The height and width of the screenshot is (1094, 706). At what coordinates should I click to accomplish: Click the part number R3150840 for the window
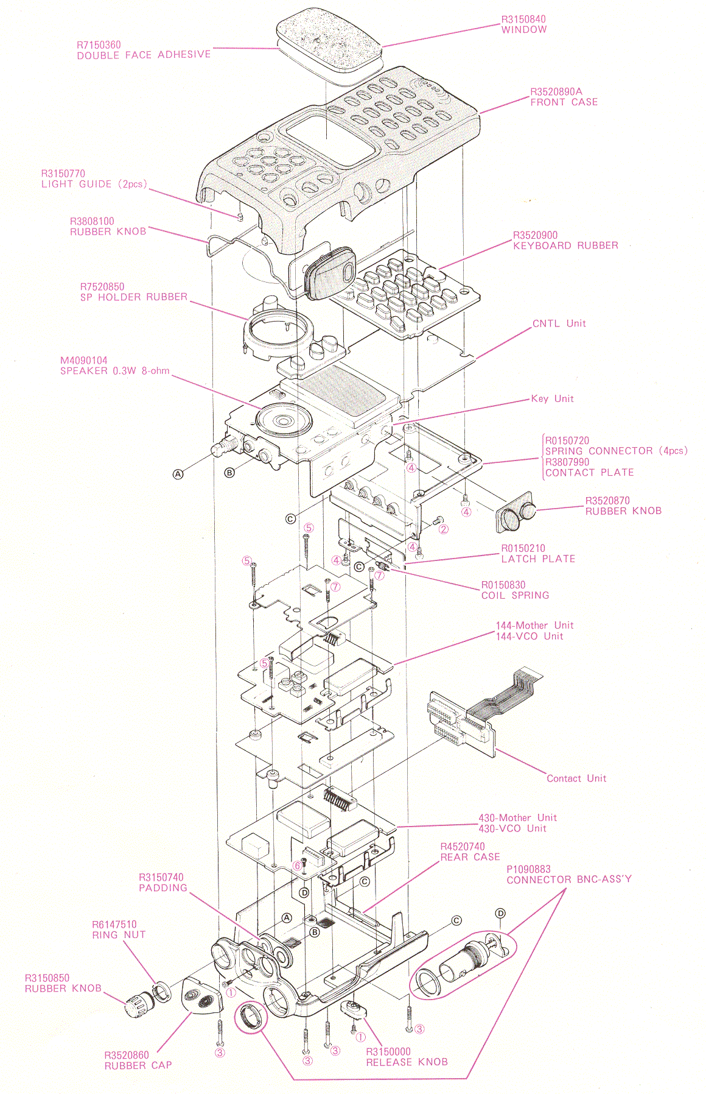[523, 19]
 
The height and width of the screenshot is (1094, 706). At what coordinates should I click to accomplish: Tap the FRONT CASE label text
[564, 102]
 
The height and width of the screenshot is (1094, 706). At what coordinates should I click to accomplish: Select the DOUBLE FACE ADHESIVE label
[144, 55]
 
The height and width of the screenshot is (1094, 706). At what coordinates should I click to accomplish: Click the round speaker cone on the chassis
[284, 420]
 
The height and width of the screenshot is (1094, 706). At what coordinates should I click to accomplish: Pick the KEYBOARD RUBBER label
[565, 245]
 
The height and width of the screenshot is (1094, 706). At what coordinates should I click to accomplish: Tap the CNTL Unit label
[559, 323]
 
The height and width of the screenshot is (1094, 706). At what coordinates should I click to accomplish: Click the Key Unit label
[552, 398]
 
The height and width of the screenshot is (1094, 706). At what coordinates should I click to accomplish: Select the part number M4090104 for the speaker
[83, 361]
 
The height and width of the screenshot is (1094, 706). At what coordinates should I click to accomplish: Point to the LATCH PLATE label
[538, 559]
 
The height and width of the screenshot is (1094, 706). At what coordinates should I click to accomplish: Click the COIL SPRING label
[515, 595]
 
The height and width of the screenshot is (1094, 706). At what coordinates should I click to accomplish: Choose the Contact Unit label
[576, 778]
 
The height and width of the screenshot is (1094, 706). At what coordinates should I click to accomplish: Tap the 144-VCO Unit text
[529, 636]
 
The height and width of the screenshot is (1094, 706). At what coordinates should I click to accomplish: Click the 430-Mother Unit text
[517, 817]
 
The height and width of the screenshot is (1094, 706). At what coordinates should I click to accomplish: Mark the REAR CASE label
[470, 857]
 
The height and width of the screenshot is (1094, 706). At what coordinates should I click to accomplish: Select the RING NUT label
[119, 934]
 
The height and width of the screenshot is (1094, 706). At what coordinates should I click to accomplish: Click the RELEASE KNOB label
[407, 1062]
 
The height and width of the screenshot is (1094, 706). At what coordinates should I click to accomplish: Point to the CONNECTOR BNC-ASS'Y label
[569, 879]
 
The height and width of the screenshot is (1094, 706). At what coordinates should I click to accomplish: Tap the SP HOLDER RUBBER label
[134, 297]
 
